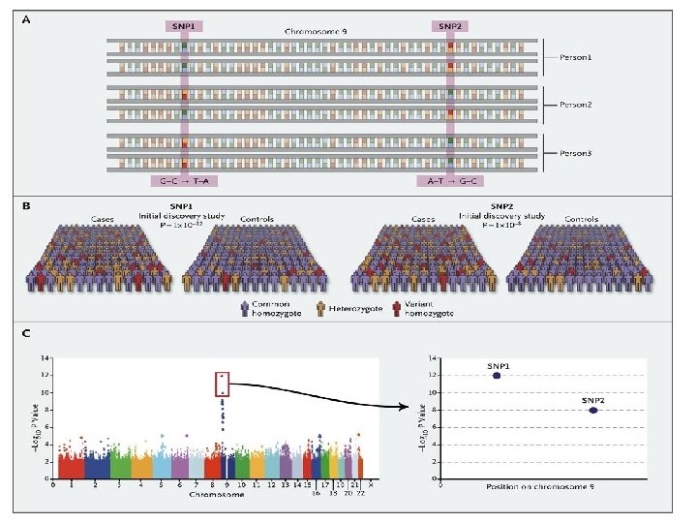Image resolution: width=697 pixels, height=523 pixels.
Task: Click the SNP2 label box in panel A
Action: point(450,26)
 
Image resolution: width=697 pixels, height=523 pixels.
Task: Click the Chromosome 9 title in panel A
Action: point(316,31)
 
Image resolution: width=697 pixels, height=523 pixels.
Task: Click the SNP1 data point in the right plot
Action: point(498,375)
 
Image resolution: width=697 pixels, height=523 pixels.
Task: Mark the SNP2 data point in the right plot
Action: point(593,410)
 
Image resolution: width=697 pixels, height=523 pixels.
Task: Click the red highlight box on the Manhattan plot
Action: point(222,385)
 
